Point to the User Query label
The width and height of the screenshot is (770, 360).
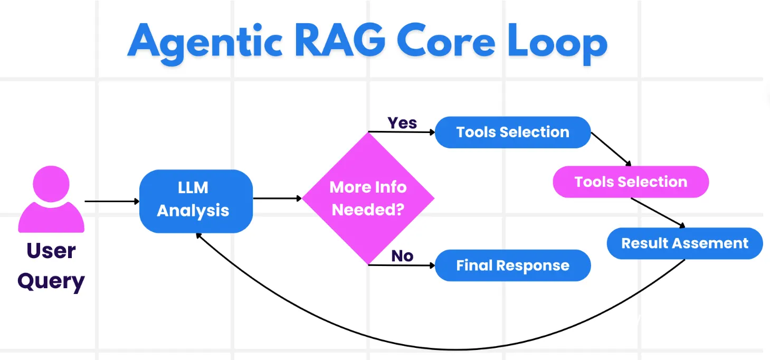[51, 266]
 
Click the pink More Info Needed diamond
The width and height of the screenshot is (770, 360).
[368, 198]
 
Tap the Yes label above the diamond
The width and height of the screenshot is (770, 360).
[402, 123]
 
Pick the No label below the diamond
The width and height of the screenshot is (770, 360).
[402, 256]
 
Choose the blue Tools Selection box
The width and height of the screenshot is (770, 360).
[512, 132]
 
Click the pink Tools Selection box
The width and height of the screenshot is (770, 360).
[631, 182]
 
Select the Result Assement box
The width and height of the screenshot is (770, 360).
[685, 243]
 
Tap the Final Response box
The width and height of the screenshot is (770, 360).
[512, 265]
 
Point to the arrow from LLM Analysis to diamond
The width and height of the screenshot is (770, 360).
[277, 198]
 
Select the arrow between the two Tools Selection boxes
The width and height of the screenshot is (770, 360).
[611, 148]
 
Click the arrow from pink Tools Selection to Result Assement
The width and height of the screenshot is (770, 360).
[658, 212]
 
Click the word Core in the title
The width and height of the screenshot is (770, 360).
[446, 41]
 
